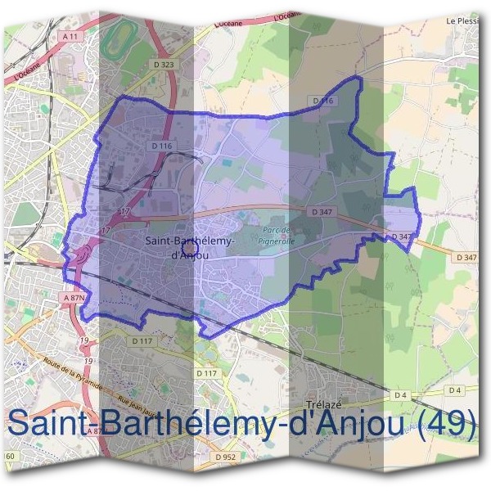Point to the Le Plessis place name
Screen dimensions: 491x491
tap(462, 20)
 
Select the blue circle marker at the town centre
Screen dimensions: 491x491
tap(190, 244)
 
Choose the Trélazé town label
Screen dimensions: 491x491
tap(322, 404)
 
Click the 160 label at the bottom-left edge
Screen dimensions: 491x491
tap(9, 455)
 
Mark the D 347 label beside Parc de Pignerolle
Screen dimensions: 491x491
tap(320, 211)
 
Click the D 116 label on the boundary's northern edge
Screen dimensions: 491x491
tap(324, 101)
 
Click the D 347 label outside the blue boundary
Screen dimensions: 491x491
tap(467, 258)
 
